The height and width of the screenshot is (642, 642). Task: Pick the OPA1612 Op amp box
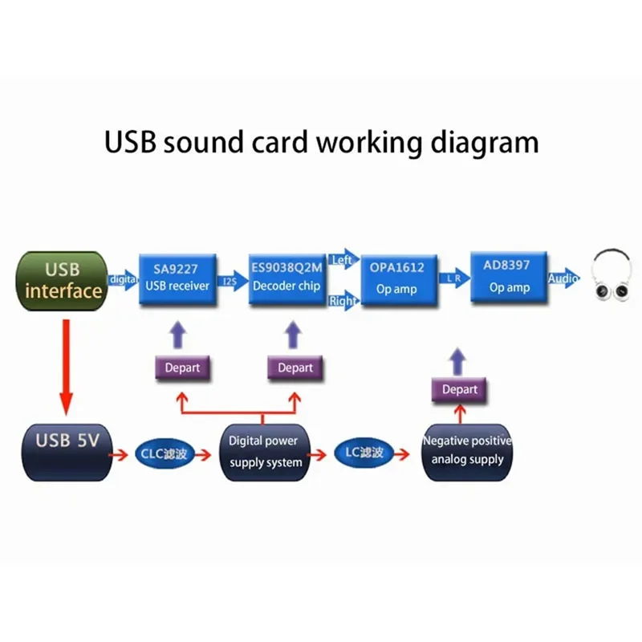click(396, 278)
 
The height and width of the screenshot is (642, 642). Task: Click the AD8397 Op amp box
click(508, 276)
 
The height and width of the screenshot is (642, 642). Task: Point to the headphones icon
click(616, 278)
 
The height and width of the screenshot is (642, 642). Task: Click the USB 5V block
click(67, 453)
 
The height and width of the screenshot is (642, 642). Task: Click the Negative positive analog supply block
click(467, 451)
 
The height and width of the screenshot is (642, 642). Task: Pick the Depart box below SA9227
click(182, 368)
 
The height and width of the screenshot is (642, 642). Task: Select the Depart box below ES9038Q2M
click(295, 368)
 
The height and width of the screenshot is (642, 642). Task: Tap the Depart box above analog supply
click(460, 390)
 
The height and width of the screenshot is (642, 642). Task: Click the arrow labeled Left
click(343, 259)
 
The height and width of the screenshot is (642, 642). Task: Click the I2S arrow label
click(230, 282)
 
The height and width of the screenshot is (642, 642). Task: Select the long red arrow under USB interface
click(66, 362)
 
